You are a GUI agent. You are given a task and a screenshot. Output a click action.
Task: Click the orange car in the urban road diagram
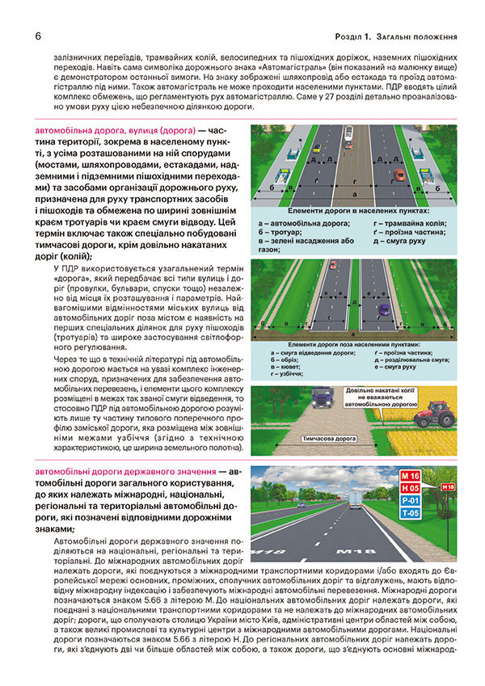(x=399, y=174)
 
